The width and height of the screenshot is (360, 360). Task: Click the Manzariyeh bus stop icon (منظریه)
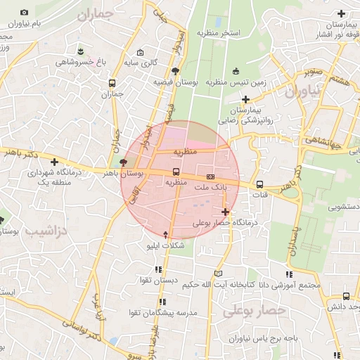176,172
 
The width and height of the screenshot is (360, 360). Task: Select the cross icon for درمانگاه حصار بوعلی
225,212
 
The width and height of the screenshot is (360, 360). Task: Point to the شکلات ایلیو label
165,245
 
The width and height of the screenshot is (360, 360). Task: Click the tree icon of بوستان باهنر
124,162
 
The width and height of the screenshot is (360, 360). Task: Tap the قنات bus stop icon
260,184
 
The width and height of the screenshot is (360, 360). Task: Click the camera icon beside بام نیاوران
25,13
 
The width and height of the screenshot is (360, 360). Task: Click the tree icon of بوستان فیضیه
175,71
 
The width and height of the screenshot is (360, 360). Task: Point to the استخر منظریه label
218,33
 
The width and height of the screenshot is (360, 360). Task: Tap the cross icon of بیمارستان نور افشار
342,13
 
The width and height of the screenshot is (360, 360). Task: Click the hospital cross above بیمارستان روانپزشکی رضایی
245,99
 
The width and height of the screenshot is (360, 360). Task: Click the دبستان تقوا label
159,281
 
